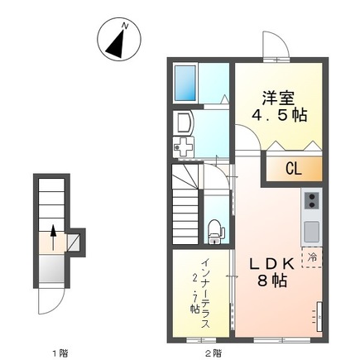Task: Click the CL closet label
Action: [293, 169]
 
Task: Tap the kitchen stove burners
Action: [312, 201]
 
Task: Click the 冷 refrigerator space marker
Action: [313, 257]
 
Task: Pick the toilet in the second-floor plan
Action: [215, 229]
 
